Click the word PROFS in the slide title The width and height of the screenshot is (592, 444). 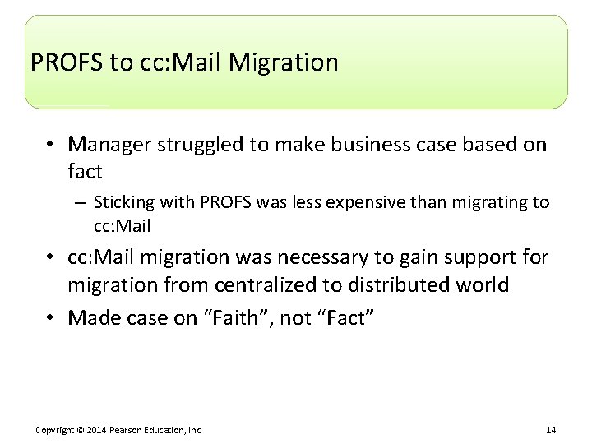coord(64,62)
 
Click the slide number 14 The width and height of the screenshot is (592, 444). coord(551,429)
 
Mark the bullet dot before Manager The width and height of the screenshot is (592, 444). coord(49,146)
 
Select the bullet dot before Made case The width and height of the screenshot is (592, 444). coord(49,317)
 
